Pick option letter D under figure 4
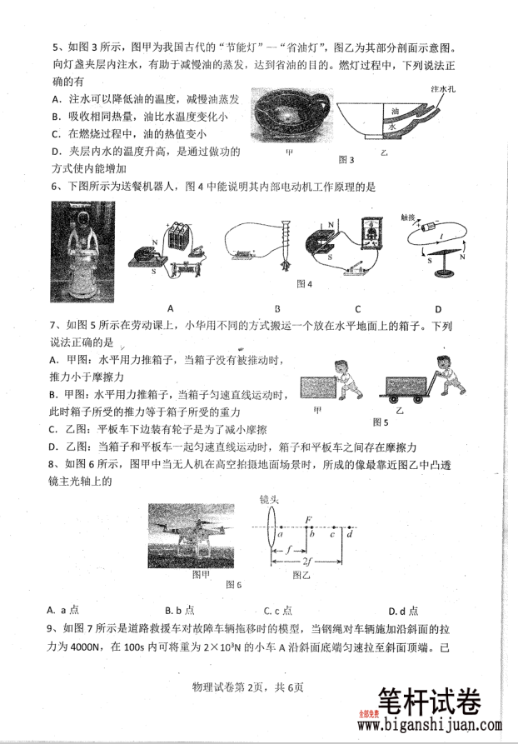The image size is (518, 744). [x=436, y=306]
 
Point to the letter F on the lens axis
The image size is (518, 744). [x=309, y=518]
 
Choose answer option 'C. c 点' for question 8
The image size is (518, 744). [x=276, y=610]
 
